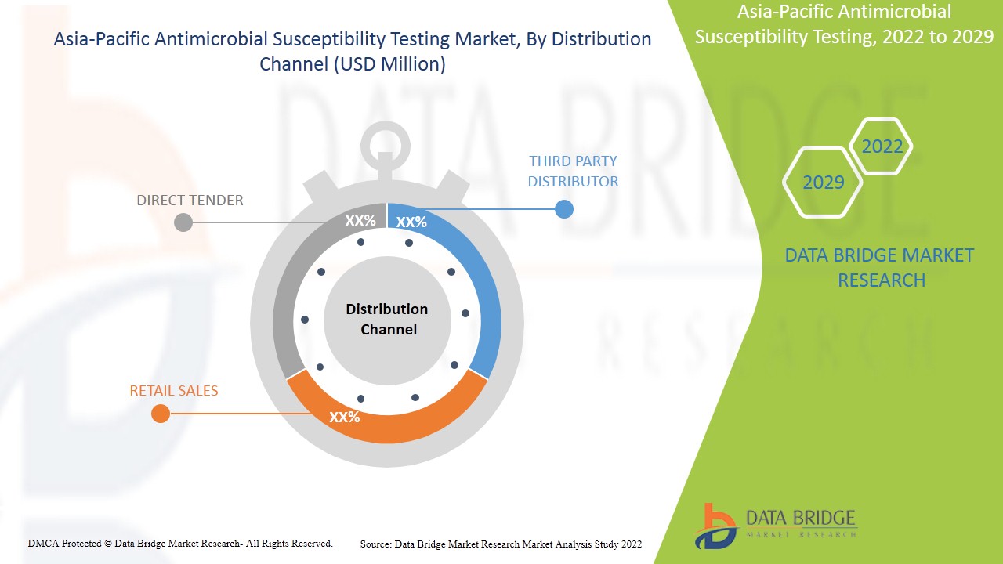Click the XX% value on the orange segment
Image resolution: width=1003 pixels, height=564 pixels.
345,417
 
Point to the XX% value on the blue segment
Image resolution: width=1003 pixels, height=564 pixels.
411,222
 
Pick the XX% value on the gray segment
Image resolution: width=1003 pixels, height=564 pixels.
360,221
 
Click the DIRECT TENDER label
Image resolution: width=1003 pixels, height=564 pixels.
190,201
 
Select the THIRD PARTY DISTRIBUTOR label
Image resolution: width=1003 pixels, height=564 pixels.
573,171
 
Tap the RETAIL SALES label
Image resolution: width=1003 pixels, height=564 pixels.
174,390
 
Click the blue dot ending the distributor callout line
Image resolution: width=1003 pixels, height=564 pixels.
563,209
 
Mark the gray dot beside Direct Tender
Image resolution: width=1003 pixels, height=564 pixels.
183,222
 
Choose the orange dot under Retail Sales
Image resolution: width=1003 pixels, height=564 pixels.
161,414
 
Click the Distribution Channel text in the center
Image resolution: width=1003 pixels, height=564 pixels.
387,319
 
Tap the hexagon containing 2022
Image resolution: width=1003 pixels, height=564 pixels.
882,146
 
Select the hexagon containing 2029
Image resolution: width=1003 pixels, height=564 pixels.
823,183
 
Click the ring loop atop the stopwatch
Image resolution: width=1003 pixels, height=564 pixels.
386,144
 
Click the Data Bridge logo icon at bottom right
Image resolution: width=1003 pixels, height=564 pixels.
715,526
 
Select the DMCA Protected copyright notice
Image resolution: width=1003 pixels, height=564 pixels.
180,543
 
